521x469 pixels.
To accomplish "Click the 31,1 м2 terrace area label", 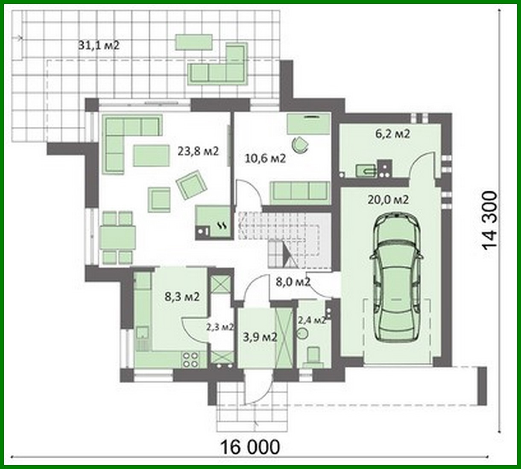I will (99, 45).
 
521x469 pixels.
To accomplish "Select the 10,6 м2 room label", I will (265, 158).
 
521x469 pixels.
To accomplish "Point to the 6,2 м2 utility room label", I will (392, 134).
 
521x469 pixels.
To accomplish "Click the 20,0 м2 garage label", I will (388, 199).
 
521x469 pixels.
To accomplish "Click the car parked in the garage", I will (397, 278).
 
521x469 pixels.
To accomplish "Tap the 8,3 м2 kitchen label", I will (182, 296).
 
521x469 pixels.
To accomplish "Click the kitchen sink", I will (142, 333).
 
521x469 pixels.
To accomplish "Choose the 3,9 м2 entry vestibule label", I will (260, 337).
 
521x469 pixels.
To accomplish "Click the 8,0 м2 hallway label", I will (293, 282).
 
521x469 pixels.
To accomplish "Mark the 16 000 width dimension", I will (251, 447).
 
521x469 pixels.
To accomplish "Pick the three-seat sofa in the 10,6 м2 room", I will (300, 191).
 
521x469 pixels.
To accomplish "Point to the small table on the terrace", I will (194, 42).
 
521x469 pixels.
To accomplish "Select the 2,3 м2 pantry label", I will (220, 328).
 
